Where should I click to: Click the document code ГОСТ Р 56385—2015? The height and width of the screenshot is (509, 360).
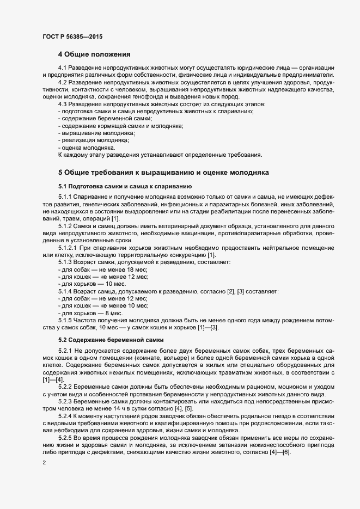coord(72,36)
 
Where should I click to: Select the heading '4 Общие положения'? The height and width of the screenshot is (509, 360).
coord(94,54)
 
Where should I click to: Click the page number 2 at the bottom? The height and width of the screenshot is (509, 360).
coord(44,463)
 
